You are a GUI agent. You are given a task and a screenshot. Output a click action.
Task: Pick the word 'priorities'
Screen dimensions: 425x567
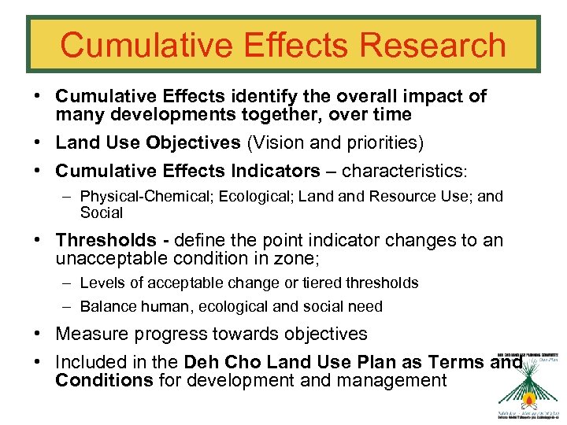tap(385, 143)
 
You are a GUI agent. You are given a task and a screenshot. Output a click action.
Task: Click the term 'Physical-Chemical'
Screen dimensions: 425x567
tap(141, 196)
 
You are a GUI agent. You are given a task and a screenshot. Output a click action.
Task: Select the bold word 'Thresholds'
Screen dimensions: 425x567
tap(106, 240)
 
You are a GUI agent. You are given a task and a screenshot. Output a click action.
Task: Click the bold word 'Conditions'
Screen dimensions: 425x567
tap(104, 380)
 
